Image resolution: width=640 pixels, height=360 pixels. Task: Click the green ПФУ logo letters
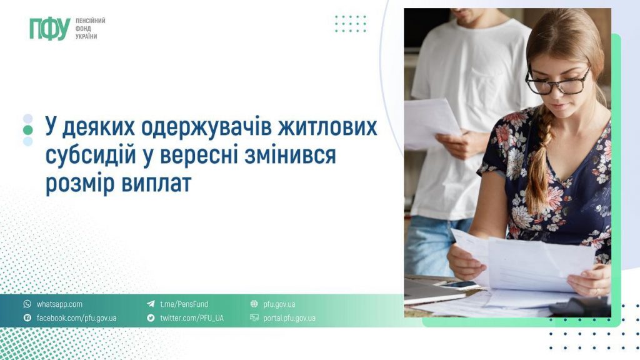tap(49, 29)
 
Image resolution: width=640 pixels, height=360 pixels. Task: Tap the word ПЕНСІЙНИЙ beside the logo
tap(90, 21)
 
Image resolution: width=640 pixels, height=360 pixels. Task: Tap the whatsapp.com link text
tap(59, 304)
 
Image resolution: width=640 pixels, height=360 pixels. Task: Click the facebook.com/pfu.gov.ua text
tap(76, 318)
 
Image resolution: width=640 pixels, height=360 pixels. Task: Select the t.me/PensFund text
tap(184, 304)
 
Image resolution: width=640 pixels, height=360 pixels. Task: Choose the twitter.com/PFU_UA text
tap(191, 318)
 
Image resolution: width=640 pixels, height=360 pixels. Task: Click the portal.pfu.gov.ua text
tap(289, 318)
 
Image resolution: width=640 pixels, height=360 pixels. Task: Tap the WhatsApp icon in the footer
tap(27, 304)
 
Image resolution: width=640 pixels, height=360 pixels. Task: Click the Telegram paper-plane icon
tap(151, 304)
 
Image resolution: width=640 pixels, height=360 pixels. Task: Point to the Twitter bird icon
tap(151, 318)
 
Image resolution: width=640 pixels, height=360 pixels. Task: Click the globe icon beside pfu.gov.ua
tap(254, 304)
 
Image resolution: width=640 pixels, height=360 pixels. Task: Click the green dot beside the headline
tap(27, 129)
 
